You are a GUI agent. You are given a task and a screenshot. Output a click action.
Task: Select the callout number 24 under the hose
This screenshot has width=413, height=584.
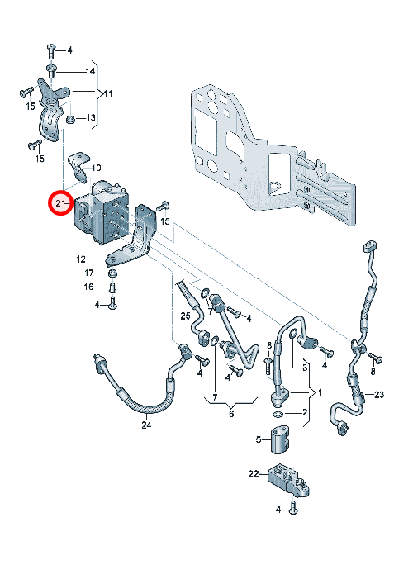coord(146,425)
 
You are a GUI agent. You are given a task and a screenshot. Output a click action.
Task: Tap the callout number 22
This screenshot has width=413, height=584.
coord(254,474)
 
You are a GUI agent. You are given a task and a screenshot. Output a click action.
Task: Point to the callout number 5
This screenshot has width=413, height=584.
coord(259,440)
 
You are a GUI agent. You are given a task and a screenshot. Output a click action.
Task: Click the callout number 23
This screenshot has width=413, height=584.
coord(379,394)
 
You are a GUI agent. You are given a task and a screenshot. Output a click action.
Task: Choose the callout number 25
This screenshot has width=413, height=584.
coord(186,316)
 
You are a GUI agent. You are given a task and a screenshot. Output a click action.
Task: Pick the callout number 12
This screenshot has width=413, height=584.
coord(81,259)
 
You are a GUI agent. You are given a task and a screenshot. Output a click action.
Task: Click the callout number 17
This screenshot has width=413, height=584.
coord(89,273)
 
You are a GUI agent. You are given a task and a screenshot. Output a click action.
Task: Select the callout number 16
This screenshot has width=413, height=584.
coord(88,287)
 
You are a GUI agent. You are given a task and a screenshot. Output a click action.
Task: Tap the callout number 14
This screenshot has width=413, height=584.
coord(91,71)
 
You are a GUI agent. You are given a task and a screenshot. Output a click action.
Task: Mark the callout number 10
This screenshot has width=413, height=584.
coord(96,168)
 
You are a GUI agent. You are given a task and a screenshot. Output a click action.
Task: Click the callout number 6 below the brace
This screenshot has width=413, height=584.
coord(231,414)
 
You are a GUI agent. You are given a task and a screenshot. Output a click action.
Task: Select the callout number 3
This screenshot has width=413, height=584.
coord(305,368)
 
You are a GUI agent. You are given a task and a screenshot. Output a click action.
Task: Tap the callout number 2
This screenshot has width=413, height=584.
coord(305,412)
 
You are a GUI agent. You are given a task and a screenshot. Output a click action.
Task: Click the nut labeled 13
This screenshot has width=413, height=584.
coord(70,119)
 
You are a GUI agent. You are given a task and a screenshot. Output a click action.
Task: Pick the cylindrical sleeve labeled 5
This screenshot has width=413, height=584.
coord(280,440)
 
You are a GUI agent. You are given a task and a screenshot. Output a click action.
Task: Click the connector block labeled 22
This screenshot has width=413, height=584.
coord(288,480)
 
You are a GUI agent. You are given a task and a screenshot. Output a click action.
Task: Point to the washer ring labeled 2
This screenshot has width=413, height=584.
coord(278,414)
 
